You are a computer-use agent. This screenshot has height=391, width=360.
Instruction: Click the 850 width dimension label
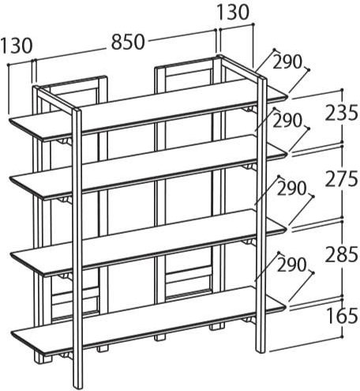pyautogui.click(x=128, y=42)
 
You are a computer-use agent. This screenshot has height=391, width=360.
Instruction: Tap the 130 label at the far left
pyautogui.click(x=17, y=45)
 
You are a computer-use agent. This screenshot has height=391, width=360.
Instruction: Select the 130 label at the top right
pyautogui.click(x=233, y=13)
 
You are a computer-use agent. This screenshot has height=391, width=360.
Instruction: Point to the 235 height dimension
pyautogui.click(x=341, y=112)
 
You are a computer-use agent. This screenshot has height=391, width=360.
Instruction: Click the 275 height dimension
pyautogui.click(x=341, y=179)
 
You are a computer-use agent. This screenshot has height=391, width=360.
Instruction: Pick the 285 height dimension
pyautogui.click(x=341, y=254)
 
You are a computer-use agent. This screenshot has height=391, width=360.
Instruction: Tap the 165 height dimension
pyautogui.click(x=342, y=316)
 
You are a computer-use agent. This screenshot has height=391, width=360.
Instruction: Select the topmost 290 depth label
pyautogui.click(x=287, y=62)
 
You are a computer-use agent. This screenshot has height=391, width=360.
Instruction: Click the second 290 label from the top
pyautogui.click(x=287, y=121)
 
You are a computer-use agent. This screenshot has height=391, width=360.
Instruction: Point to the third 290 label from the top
pyautogui.click(x=291, y=189)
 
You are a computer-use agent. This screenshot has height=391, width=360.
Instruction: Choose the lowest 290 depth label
pyautogui.click(x=291, y=265)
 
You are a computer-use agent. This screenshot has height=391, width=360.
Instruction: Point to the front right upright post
pyautogui.click(x=261, y=215)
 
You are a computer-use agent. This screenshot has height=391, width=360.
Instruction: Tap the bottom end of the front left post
pyautogui.click(x=78, y=388)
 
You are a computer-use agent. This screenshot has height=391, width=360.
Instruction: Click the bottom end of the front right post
pyautogui.click(x=261, y=352)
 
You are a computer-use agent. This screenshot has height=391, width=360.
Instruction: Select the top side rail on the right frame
pyautogui.click(x=242, y=66)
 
